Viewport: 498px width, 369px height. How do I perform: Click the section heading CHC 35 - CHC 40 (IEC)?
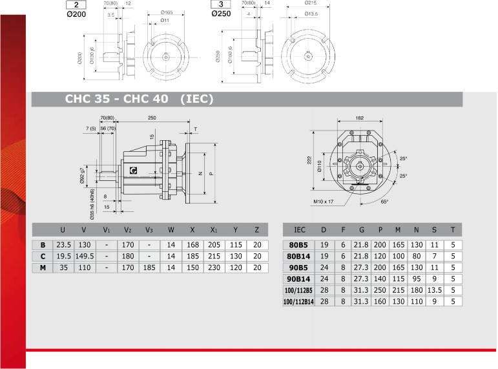pos(139,99)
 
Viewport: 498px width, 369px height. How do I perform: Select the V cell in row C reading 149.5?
pos(85,256)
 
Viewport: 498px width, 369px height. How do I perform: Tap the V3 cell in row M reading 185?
pos(149,268)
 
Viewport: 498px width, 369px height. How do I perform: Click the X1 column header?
pos(214,230)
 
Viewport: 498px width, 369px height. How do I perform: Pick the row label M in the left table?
pos(43,268)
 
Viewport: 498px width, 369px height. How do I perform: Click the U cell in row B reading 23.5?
pos(63,245)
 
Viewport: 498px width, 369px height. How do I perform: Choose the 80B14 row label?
pos(298,256)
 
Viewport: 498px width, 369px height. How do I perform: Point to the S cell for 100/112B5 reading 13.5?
pos(435,290)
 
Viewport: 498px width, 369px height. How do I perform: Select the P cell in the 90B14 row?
pos(380,279)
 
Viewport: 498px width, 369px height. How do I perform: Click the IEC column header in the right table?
pos(300,230)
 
